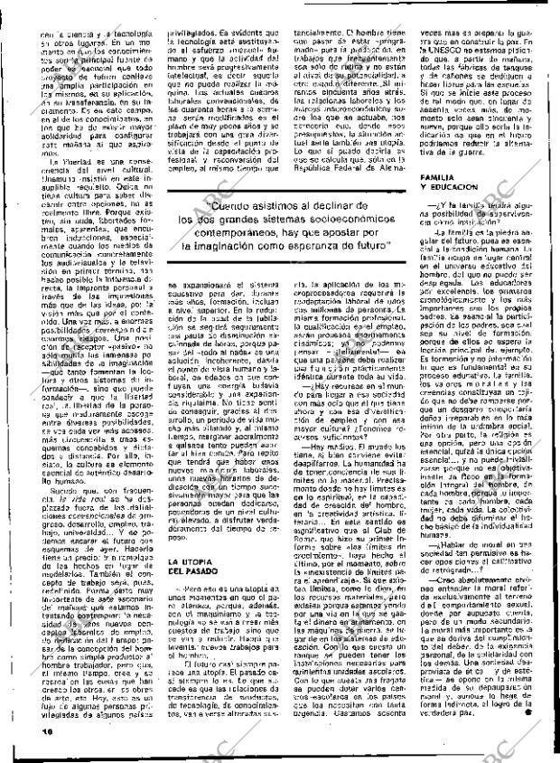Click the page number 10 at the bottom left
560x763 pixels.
pyautogui.click(x=21, y=751)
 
